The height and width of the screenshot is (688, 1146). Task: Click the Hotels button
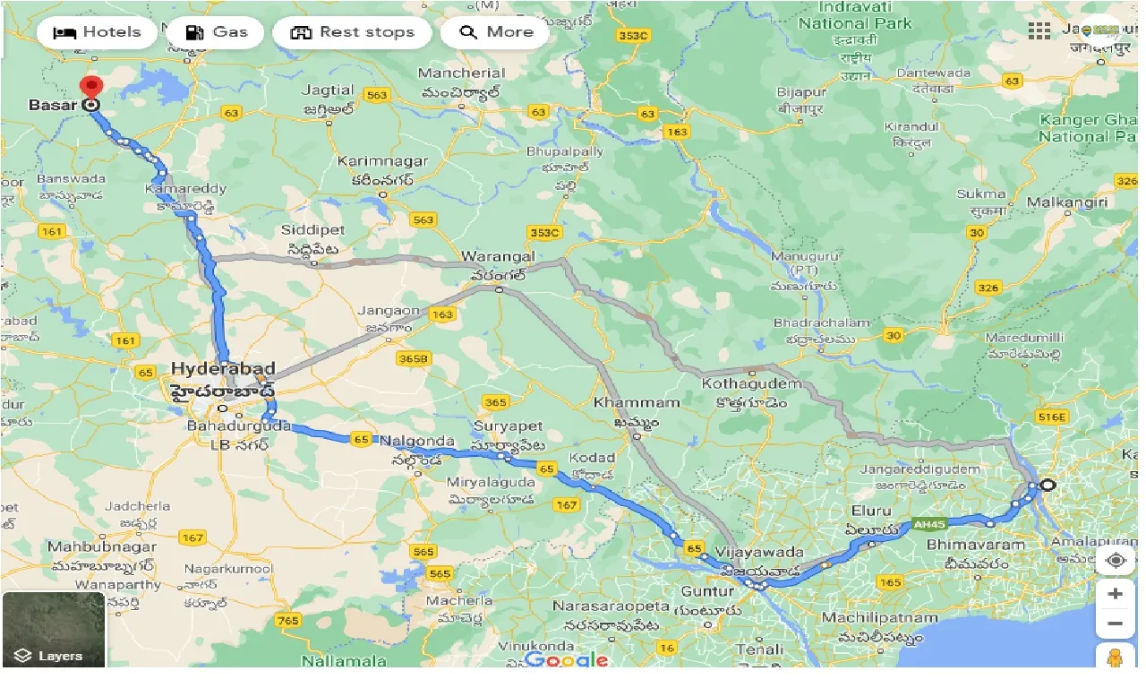click(97, 33)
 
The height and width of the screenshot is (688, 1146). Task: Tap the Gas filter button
click(216, 33)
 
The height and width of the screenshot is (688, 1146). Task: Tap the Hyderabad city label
click(223, 369)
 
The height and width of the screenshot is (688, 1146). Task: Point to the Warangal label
click(498, 257)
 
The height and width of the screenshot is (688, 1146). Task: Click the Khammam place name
click(637, 402)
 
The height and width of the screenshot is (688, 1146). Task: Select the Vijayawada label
click(748, 552)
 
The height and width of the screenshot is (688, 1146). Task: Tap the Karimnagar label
click(382, 162)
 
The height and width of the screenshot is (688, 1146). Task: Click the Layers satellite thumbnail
click(53, 629)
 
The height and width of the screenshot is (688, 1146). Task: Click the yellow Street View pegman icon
click(1115, 658)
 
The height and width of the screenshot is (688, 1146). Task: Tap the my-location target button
click(1115, 561)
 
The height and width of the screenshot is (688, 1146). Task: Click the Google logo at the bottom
click(566, 660)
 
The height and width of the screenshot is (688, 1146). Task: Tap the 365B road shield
click(414, 358)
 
